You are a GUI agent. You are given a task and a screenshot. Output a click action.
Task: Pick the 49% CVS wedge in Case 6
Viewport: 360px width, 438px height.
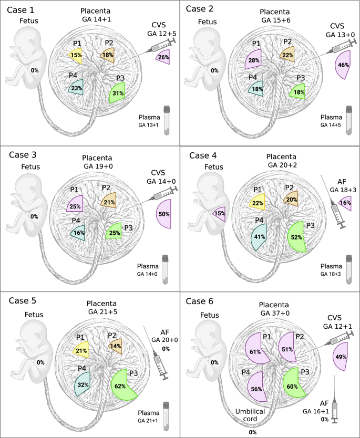pyautogui.click(x=342, y=357)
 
